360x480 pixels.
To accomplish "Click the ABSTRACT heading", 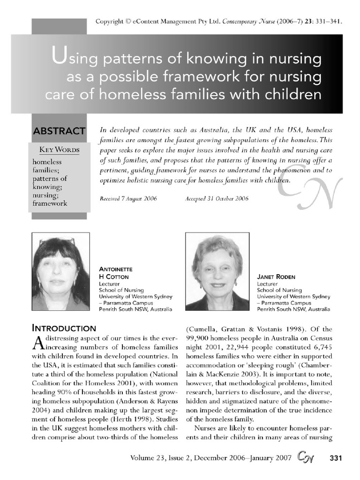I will click(59, 131).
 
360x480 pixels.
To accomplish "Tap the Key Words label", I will click(59, 150).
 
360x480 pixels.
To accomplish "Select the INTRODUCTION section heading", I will click(64, 328).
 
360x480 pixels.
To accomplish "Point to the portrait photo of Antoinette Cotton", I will click(60, 271).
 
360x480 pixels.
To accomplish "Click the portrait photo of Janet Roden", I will click(217, 271).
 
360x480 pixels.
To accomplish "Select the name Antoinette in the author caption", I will click(116, 269).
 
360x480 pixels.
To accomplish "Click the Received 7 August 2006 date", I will click(128, 198).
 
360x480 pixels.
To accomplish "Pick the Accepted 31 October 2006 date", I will click(217, 198).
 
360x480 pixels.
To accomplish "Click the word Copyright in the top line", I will click(110, 22).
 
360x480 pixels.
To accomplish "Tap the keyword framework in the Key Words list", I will click(50, 203).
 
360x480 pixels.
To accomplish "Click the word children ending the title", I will click(292, 95).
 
